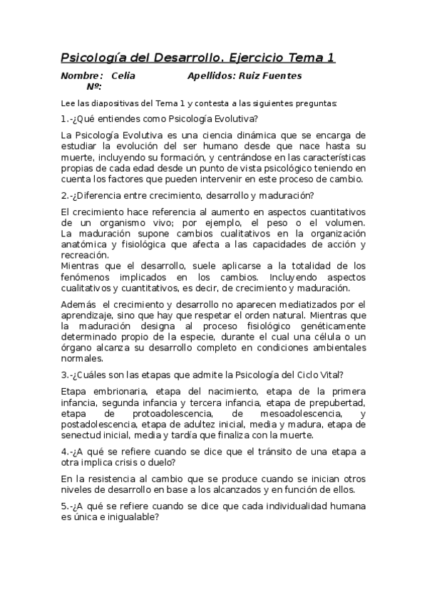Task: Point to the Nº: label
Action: pos(93,86)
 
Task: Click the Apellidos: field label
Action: pos(212,75)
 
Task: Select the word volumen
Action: pos(345,223)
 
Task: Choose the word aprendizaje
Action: pos(91,315)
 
